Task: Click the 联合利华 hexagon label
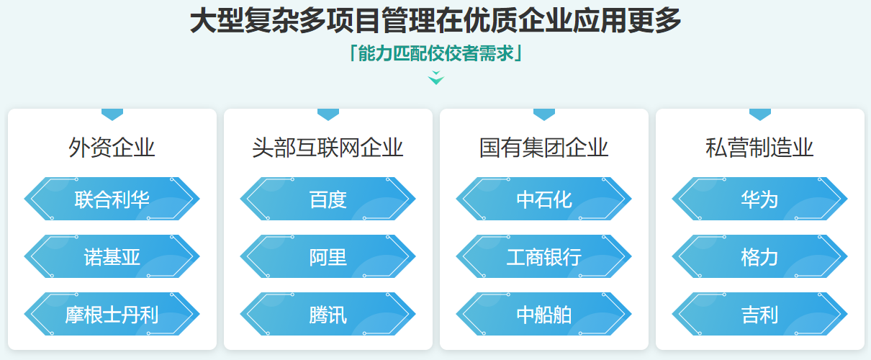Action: point(112,199)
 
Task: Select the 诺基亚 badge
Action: point(112,256)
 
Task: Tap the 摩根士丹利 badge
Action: point(112,314)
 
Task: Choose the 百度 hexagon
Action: point(328,199)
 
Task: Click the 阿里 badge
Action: point(328,256)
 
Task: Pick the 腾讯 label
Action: point(328,314)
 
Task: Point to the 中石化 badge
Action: point(543,199)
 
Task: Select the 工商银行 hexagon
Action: point(543,256)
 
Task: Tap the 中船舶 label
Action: point(543,314)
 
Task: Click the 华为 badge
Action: point(759,199)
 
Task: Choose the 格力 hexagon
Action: point(759,256)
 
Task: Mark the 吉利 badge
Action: point(759,314)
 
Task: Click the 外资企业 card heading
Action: point(112,148)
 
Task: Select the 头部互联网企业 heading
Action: point(328,148)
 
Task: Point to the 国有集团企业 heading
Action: point(543,148)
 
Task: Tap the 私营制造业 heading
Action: point(759,148)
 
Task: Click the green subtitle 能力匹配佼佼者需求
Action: point(435,54)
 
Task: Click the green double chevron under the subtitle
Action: point(436,78)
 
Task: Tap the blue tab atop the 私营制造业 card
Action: point(759,114)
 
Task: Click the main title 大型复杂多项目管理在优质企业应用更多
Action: point(435,22)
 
